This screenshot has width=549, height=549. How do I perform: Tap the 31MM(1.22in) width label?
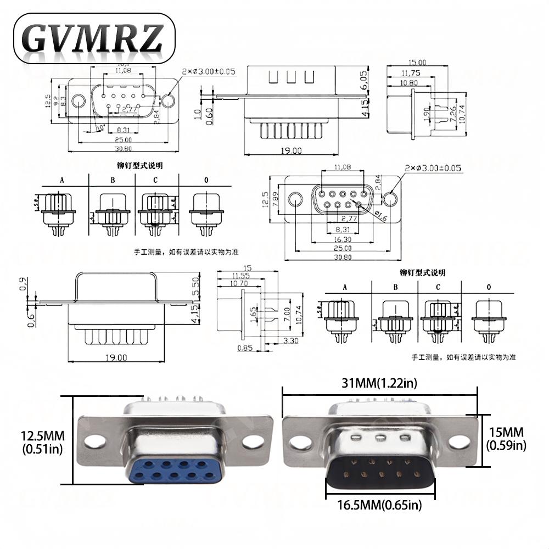point(379,383)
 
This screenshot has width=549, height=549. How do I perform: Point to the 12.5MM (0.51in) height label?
point(43,442)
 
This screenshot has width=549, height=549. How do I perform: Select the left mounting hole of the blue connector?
point(97,440)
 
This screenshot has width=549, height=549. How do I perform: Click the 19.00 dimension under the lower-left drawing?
point(116,357)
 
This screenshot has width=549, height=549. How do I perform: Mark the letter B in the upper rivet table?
point(113,180)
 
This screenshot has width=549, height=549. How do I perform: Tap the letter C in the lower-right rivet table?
point(438,287)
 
